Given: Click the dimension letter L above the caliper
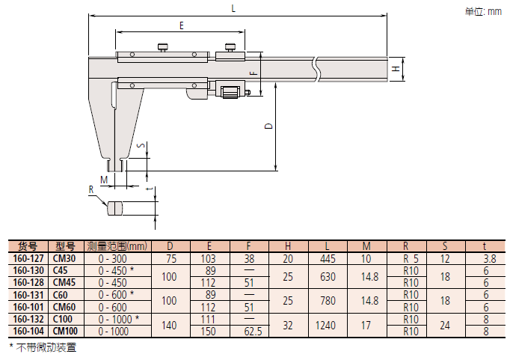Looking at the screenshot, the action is coord(233,8).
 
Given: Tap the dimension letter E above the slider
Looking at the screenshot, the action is coord(182,25).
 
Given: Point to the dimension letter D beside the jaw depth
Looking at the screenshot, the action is coord(269,126).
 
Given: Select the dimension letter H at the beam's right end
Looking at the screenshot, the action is coord(396,69).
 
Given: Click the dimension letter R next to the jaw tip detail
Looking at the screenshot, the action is coord(91,189).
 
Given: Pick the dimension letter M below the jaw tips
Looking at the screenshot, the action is coord(104,180).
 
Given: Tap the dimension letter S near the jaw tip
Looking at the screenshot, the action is coord(141,145).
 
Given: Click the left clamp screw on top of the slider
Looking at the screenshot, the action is coord(163,47).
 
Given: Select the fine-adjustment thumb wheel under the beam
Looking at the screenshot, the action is coord(230,91).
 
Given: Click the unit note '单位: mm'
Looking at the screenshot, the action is coord(483,12).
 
